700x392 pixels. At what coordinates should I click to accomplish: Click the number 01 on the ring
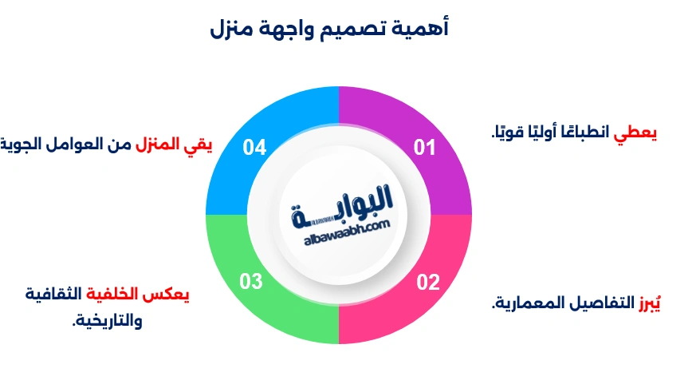click(x=424, y=148)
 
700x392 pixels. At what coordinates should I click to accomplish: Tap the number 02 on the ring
click(x=427, y=282)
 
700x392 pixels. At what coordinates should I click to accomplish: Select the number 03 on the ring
click(x=251, y=282)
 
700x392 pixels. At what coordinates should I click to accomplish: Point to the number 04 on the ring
click(x=254, y=148)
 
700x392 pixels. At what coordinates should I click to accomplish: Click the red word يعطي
click(x=635, y=133)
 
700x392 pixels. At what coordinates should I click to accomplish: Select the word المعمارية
click(x=521, y=303)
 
